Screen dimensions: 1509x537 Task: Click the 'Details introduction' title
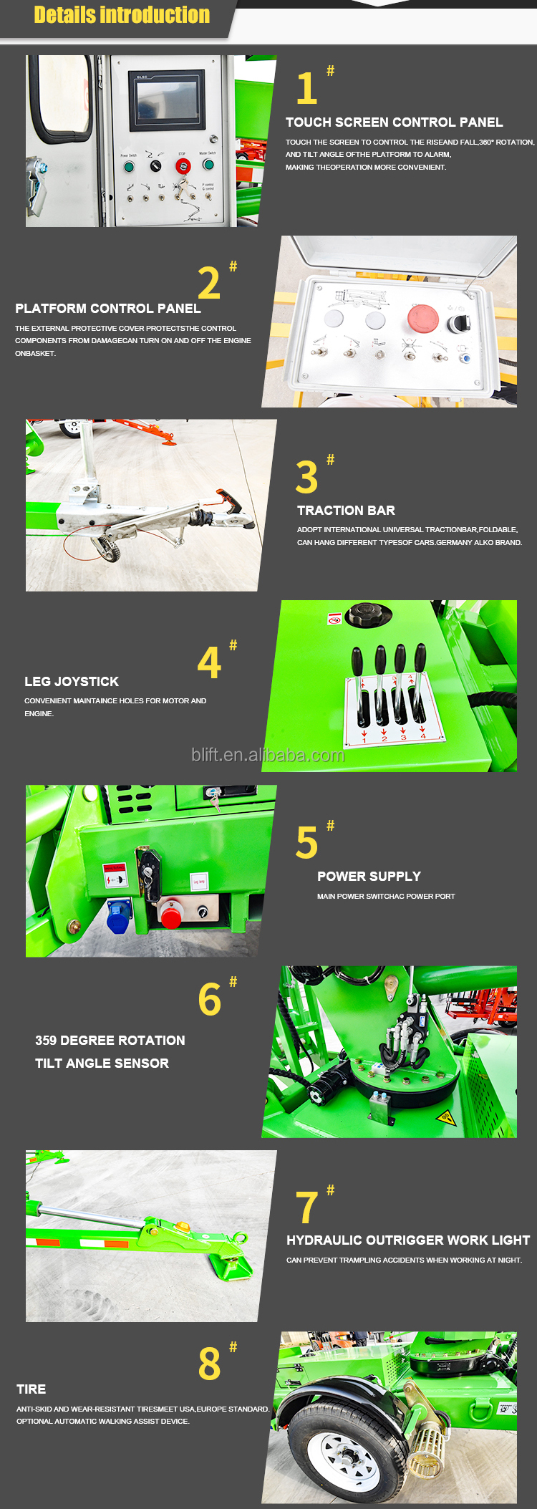tap(122, 15)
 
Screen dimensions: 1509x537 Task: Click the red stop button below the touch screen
tap(183, 166)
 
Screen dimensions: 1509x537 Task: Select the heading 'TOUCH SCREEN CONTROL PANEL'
tap(394, 122)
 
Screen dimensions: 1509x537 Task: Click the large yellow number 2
tap(209, 284)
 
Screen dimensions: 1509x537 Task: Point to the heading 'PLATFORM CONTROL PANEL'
tap(108, 309)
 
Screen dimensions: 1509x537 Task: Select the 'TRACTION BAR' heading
tap(346, 511)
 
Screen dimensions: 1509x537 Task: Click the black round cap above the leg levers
tap(369, 614)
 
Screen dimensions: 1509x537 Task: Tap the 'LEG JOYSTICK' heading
tap(72, 682)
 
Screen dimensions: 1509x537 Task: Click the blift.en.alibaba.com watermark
tap(268, 755)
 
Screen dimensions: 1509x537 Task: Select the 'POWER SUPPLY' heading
tap(369, 877)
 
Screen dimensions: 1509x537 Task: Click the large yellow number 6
tap(210, 1000)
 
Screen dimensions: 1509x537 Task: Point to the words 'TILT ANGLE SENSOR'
tap(102, 1064)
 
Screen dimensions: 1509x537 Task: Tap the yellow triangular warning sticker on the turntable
tap(445, 1117)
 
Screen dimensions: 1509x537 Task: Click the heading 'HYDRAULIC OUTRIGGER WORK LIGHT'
tap(408, 1240)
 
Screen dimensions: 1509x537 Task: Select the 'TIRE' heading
tap(32, 1389)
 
